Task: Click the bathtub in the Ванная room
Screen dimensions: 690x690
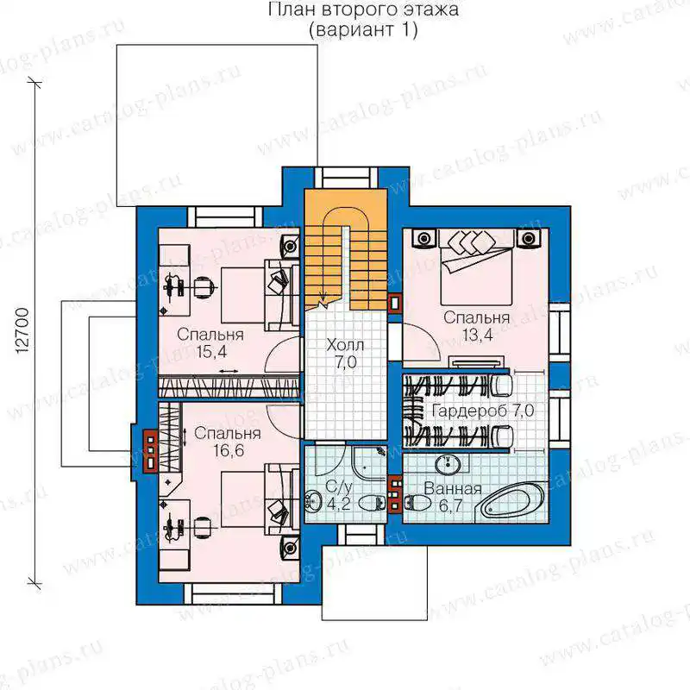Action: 512,503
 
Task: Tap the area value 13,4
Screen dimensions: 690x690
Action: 477,336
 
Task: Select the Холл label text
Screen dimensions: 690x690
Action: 345,346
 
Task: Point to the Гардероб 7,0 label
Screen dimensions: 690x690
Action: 483,411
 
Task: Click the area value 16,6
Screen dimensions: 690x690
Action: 229,450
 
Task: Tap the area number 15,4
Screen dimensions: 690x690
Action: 211,352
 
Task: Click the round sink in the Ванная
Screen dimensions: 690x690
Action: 448,463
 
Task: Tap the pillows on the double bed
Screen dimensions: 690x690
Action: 470,242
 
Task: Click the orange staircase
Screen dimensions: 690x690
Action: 346,250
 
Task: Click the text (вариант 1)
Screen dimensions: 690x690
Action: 363,30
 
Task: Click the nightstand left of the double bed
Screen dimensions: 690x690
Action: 423,239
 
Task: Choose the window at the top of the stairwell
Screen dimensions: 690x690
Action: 347,179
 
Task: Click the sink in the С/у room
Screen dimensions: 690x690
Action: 314,500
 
